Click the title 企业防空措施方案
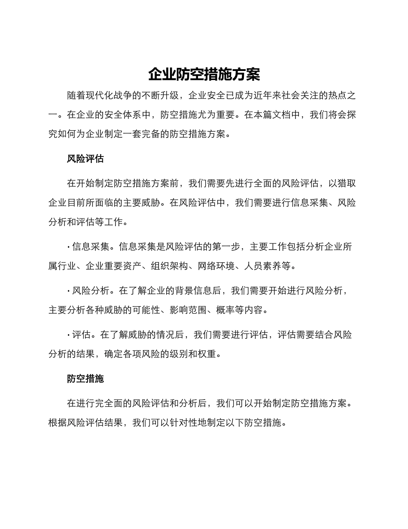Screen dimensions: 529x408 204,74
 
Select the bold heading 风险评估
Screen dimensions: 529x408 85,159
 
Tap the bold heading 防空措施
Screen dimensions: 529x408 85,379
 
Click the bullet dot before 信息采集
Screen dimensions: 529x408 69,247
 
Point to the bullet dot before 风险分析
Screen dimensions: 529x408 69,291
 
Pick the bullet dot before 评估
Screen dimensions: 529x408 69,335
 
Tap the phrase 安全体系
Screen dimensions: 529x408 119,115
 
